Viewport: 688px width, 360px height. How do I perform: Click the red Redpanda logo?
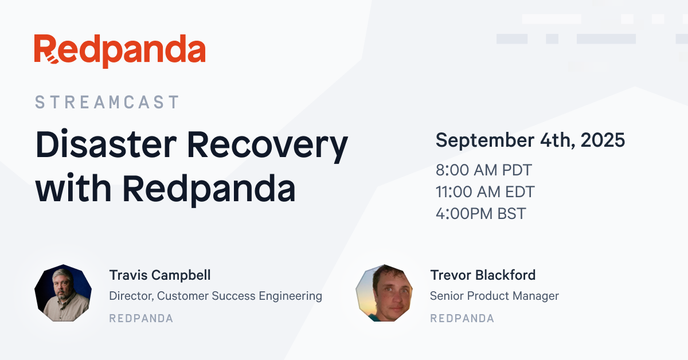(x=120, y=51)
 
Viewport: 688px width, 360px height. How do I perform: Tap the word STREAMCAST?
(x=107, y=102)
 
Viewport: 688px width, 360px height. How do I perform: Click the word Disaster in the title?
(x=106, y=144)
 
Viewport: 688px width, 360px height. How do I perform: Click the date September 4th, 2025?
(x=530, y=140)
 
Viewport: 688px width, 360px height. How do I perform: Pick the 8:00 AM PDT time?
(x=484, y=170)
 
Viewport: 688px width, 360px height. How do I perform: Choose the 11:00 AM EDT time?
(x=485, y=191)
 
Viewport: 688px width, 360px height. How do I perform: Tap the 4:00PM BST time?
(x=481, y=213)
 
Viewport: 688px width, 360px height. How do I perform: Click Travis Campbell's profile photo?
(x=63, y=293)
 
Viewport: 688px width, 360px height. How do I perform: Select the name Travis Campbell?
(x=160, y=275)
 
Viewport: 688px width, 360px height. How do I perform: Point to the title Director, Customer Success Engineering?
(x=216, y=296)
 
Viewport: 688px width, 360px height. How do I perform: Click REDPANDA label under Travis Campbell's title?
(x=141, y=319)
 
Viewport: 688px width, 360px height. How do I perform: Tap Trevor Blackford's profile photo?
(x=384, y=293)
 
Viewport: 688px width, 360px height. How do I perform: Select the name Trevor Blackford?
(x=483, y=275)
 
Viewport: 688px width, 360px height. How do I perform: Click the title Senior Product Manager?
(x=494, y=296)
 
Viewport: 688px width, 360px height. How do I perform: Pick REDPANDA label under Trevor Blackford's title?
(x=462, y=319)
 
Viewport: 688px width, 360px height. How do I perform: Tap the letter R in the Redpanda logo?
(x=46, y=49)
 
